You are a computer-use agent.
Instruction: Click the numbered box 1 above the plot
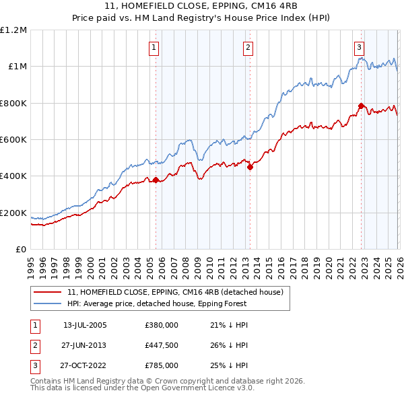coord(155,47)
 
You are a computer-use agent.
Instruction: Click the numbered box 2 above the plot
coord(248,47)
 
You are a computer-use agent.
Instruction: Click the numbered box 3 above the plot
coord(360,47)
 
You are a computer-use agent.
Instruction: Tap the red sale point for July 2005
coord(156,180)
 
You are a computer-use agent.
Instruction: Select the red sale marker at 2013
coord(250,168)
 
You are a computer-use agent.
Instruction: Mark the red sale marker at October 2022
coord(362,106)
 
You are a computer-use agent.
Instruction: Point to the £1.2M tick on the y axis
coord(13,30)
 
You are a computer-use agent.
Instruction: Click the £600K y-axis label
coord(13,140)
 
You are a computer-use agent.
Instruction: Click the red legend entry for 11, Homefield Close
coord(178,292)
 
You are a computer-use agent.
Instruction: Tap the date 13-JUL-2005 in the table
coord(85,325)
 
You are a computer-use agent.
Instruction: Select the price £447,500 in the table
coord(162,345)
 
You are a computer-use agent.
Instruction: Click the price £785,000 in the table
coord(162,365)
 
